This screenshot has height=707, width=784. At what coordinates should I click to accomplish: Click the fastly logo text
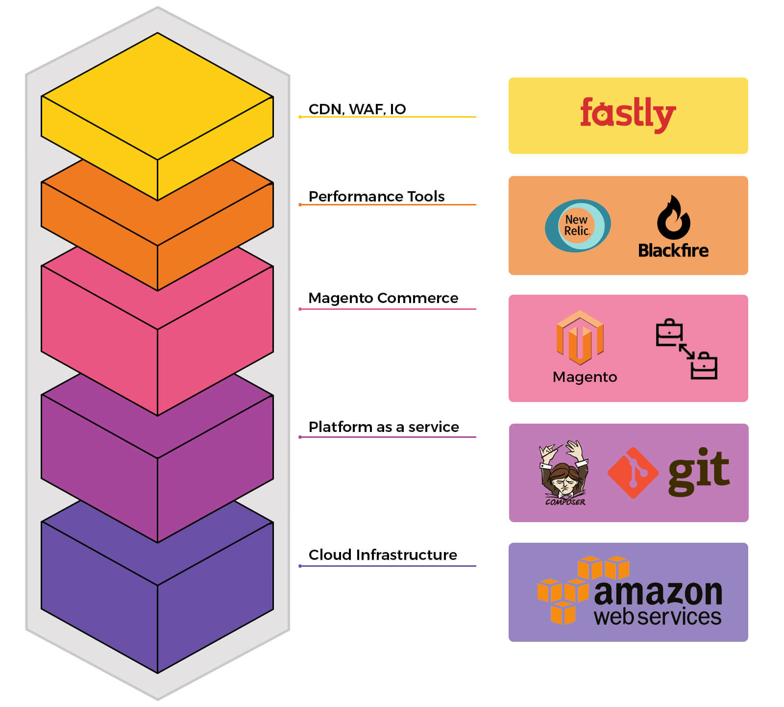click(628, 114)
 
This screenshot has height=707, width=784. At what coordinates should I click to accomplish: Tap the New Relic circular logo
click(578, 226)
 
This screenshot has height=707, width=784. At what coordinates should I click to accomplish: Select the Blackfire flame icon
click(673, 218)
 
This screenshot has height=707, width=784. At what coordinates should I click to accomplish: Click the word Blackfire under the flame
click(673, 251)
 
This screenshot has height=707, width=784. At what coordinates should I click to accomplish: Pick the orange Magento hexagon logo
click(580, 338)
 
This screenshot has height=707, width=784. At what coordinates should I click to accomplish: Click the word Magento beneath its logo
click(585, 377)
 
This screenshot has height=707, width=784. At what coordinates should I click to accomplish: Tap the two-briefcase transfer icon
click(686, 349)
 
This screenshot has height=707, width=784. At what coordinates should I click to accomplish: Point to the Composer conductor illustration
click(564, 472)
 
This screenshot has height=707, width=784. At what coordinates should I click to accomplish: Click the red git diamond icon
click(633, 473)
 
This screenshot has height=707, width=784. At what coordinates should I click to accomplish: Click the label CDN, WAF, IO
click(357, 109)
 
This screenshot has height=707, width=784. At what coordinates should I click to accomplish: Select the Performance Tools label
click(376, 196)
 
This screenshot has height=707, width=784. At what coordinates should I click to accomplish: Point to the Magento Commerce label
click(383, 298)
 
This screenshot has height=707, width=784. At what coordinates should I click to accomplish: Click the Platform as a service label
click(384, 427)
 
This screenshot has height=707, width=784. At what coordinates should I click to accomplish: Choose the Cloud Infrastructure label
click(383, 555)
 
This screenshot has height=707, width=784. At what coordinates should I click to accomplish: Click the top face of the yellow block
click(157, 96)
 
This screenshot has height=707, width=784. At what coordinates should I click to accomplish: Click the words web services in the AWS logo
click(657, 617)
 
